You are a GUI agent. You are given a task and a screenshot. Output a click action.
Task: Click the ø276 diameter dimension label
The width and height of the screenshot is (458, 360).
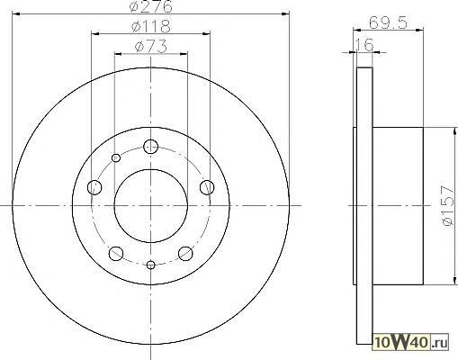click(x=151, y=6)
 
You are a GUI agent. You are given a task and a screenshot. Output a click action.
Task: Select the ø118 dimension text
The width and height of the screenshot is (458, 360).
click(x=151, y=27)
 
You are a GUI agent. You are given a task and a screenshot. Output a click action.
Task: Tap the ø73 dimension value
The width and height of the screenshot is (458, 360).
click(x=151, y=47)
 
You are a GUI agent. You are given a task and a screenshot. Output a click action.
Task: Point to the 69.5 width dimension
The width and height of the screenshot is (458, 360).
click(x=388, y=22)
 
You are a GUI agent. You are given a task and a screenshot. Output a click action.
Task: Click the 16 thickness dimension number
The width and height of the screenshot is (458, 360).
click(x=364, y=45)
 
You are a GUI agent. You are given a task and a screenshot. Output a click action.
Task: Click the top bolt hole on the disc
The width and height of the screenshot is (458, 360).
click(x=150, y=147)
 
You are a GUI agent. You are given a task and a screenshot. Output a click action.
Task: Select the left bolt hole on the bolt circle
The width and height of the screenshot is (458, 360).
click(x=94, y=187)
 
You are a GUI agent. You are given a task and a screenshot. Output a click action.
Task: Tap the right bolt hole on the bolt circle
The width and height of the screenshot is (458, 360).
click(x=207, y=187)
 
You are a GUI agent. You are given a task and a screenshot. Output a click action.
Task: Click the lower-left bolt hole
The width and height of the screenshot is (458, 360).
click(x=116, y=254)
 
